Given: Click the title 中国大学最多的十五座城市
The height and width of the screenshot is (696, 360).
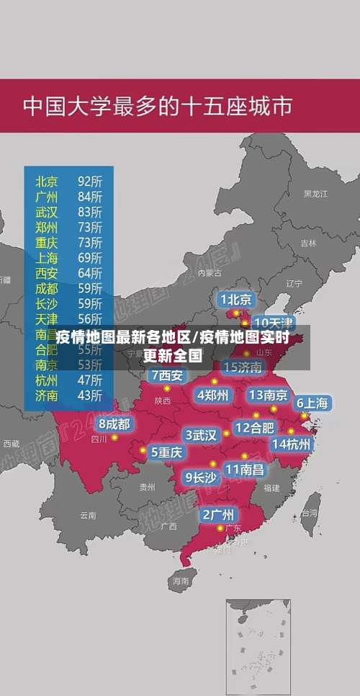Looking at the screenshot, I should pos(158,106).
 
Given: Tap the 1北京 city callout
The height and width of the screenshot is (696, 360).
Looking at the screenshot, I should pos(236,299).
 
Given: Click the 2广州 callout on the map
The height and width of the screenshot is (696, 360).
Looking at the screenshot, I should pos(217,514).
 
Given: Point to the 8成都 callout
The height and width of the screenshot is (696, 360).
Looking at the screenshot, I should pos(114,424).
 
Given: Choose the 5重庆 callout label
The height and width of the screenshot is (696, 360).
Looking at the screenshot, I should pos(166,452).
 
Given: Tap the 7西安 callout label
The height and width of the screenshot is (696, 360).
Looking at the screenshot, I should pos(167,375).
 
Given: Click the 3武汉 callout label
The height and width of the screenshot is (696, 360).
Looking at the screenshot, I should pos(201,435).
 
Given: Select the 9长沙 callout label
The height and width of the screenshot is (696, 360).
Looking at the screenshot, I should pos(201,476).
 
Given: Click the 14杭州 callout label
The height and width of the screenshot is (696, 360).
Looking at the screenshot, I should pos(292,444).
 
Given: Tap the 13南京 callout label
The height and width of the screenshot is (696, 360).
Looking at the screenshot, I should pos(268,395).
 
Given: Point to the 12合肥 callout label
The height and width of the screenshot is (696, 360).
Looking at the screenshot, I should pos(255,427).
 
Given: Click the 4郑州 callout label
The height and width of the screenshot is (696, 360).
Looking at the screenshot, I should pos(212,395).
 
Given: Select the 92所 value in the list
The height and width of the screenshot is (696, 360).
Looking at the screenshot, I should pos(90,181).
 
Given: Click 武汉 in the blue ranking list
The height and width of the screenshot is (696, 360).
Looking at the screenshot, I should pos(47,212).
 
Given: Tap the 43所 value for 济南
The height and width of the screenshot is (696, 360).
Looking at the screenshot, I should pos(90,395).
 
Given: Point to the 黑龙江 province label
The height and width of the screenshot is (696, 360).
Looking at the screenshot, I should pos(315,194).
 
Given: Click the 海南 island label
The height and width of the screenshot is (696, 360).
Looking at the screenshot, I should pos(180,580).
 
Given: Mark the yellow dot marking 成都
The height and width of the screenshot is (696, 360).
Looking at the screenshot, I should pos(114,437).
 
